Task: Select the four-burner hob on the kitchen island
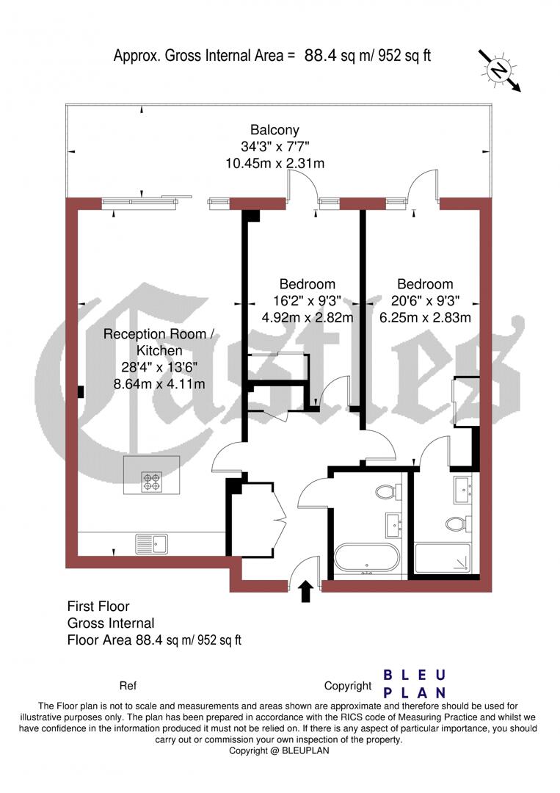click(x=151, y=482)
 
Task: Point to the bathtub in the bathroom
click(x=367, y=559)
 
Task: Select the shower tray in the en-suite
click(x=444, y=559)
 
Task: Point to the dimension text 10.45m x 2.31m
click(x=274, y=163)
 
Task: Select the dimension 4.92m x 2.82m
click(x=308, y=318)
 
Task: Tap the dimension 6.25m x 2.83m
click(x=425, y=318)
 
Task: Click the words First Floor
click(x=98, y=606)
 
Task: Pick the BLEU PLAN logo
click(x=415, y=684)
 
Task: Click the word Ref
click(x=128, y=686)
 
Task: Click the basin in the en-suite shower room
click(x=463, y=488)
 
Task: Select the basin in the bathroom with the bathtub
click(x=392, y=524)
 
